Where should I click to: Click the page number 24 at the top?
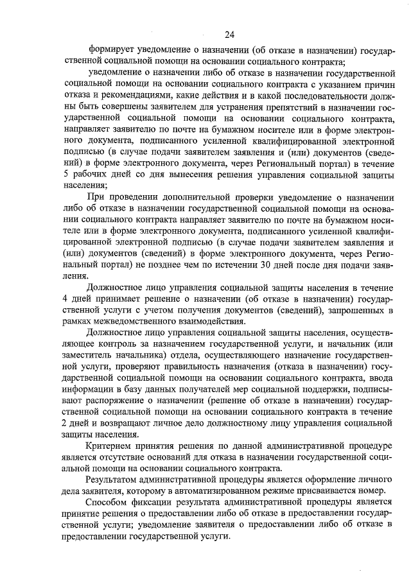(229, 34)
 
